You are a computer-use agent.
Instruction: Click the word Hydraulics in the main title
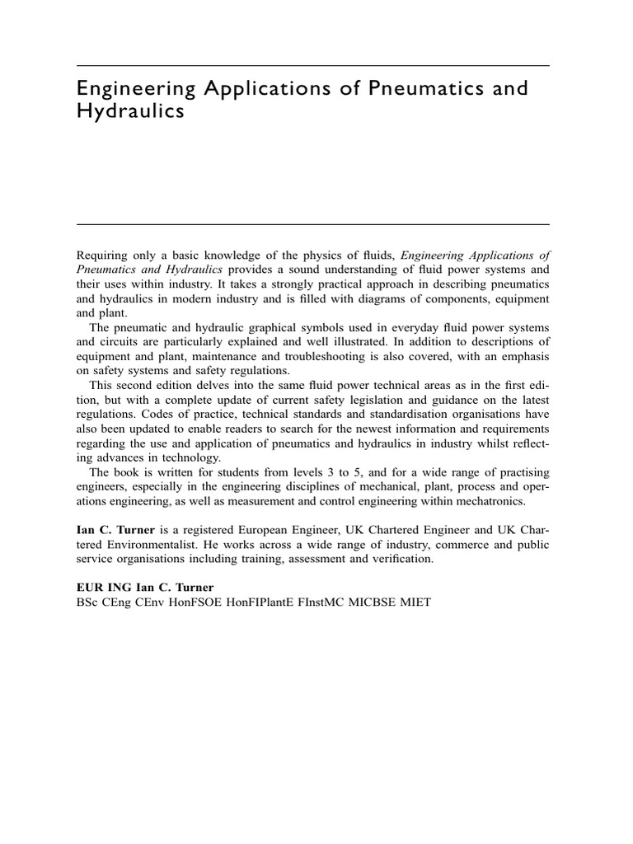[130, 112]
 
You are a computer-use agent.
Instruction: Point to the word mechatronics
[485, 500]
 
